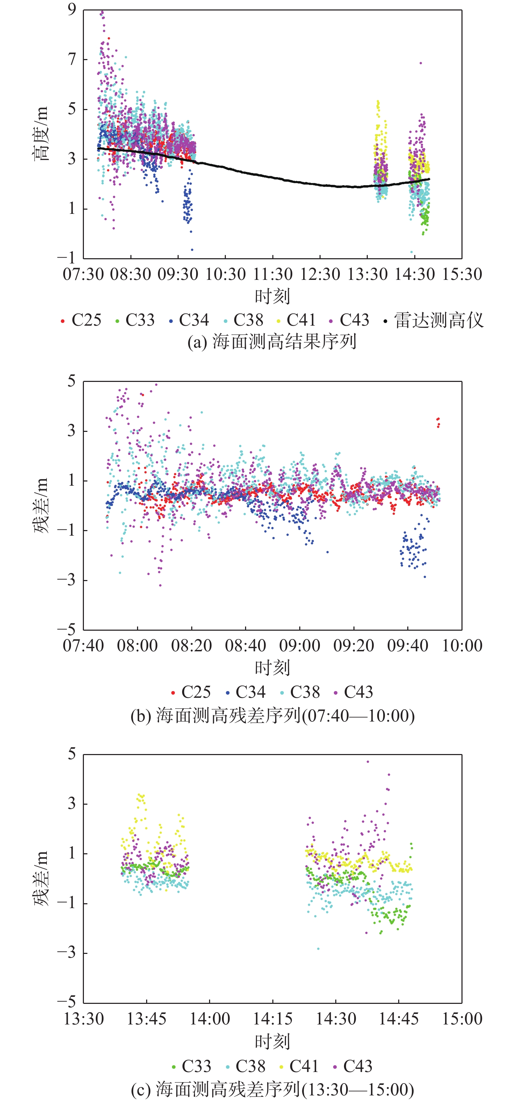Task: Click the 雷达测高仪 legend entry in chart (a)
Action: (434, 320)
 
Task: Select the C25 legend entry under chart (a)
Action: (81, 320)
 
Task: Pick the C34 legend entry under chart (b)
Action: (246, 692)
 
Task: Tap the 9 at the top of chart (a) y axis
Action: (72, 9)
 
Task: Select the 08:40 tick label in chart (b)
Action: (245, 645)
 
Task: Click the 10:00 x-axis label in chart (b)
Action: (462, 645)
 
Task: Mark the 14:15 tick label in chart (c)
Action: (273, 1019)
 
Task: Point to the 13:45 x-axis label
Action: (146, 1019)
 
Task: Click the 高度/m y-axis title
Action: (42, 133)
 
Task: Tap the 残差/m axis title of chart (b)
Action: (42, 505)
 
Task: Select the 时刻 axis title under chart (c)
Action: (272, 1041)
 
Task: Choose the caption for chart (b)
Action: (272, 715)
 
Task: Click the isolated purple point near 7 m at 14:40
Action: (421, 63)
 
